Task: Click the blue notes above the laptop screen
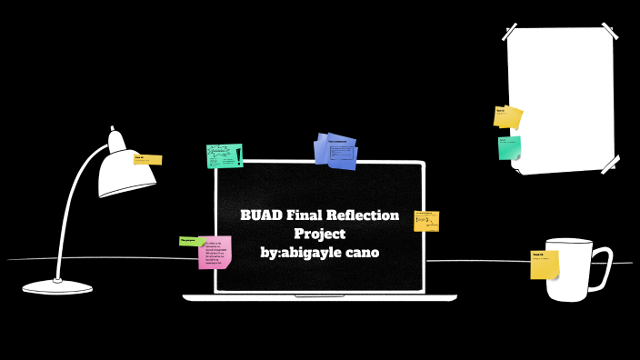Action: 335,150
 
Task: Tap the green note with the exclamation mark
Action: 225,155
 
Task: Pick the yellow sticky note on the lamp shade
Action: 147,159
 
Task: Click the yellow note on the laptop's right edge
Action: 426,221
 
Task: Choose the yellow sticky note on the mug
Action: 544,265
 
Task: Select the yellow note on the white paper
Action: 507,116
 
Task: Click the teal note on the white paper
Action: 509,147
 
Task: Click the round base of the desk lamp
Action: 57,287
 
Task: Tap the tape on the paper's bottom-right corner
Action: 610,164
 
